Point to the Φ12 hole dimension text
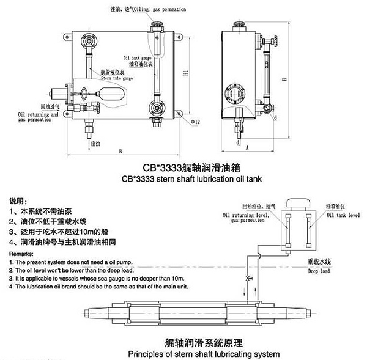pyautogui.click(x=195, y=122)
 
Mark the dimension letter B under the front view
pyautogui.click(x=121, y=150)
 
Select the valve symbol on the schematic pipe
pyautogui.click(x=248, y=279)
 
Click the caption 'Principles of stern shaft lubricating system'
pyautogui.click(x=203, y=354)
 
